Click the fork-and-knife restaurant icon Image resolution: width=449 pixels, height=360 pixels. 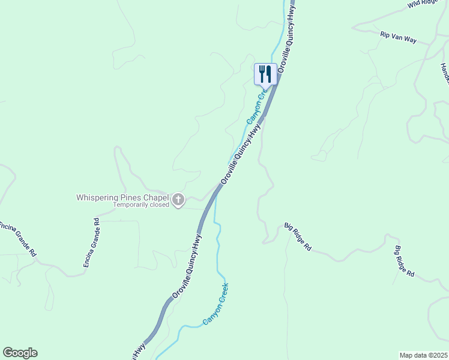[x=265, y=74]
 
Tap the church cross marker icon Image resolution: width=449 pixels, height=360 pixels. [x=178, y=200]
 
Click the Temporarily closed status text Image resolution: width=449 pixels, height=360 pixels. [x=142, y=205]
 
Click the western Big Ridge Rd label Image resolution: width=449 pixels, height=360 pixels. [x=298, y=237]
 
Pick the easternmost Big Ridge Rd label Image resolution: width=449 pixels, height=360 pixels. [x=405, y=260]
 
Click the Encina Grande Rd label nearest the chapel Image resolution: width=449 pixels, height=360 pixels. [x=92, y=242]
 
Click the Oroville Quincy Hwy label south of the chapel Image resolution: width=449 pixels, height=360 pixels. [x=187, y=266]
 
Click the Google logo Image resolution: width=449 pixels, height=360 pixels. [x=20, y=353]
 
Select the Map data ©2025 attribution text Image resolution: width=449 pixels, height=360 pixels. [x=423, y=355]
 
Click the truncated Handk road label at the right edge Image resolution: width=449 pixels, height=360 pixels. [x=445, y=74]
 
